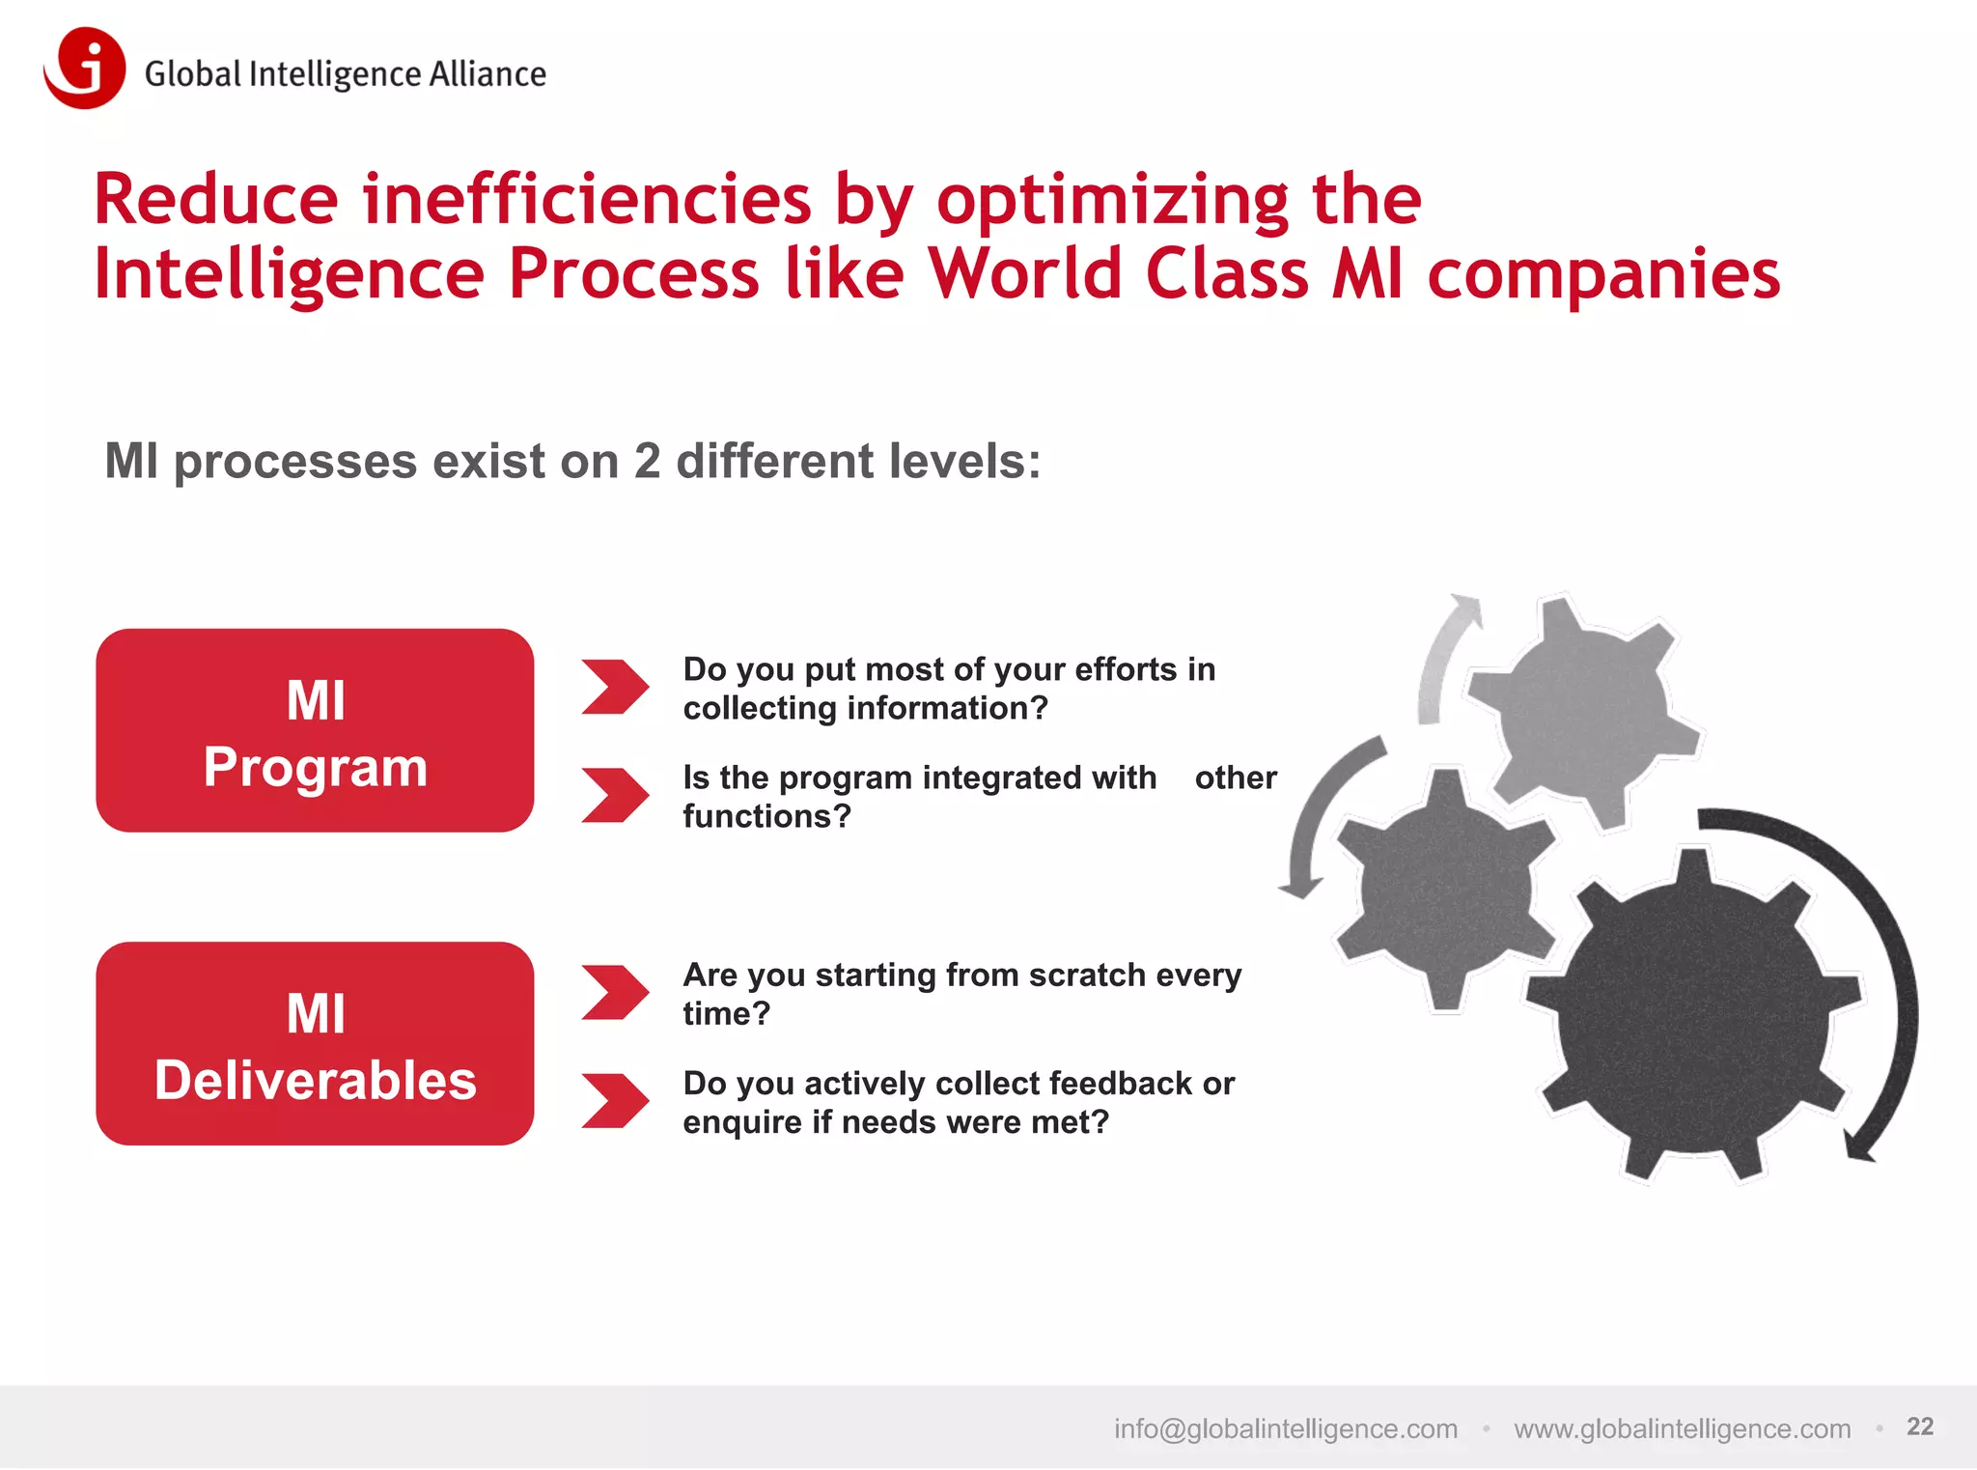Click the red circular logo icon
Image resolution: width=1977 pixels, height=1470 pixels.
point(85,68)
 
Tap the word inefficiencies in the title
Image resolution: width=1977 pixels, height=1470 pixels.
point(587,200)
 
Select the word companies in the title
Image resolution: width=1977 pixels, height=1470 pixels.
point(1603,274)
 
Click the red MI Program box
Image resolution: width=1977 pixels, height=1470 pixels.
point(315,731)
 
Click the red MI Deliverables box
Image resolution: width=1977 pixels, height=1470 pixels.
point(315,1044)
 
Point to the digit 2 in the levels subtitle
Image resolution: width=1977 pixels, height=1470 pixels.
point(647,461)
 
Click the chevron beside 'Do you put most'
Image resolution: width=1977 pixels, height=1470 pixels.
point(614,687)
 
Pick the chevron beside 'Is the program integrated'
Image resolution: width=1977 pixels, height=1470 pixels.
point(614,795)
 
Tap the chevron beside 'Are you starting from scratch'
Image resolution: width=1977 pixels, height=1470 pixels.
point(614,992)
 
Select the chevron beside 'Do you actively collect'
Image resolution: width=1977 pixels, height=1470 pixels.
point(614,1100)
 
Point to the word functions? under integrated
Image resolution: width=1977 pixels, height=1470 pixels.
point(766,817)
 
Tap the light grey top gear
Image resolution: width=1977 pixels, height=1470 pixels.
point(1583,710)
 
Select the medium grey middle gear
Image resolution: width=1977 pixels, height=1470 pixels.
point(1445,889)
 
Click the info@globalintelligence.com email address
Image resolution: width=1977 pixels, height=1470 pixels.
point(1285,1428)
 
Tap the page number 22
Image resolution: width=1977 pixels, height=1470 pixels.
point(1919,1427)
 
